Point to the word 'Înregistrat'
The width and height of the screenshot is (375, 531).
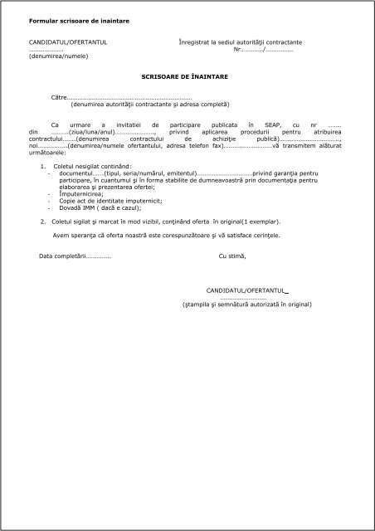(196, 41)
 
